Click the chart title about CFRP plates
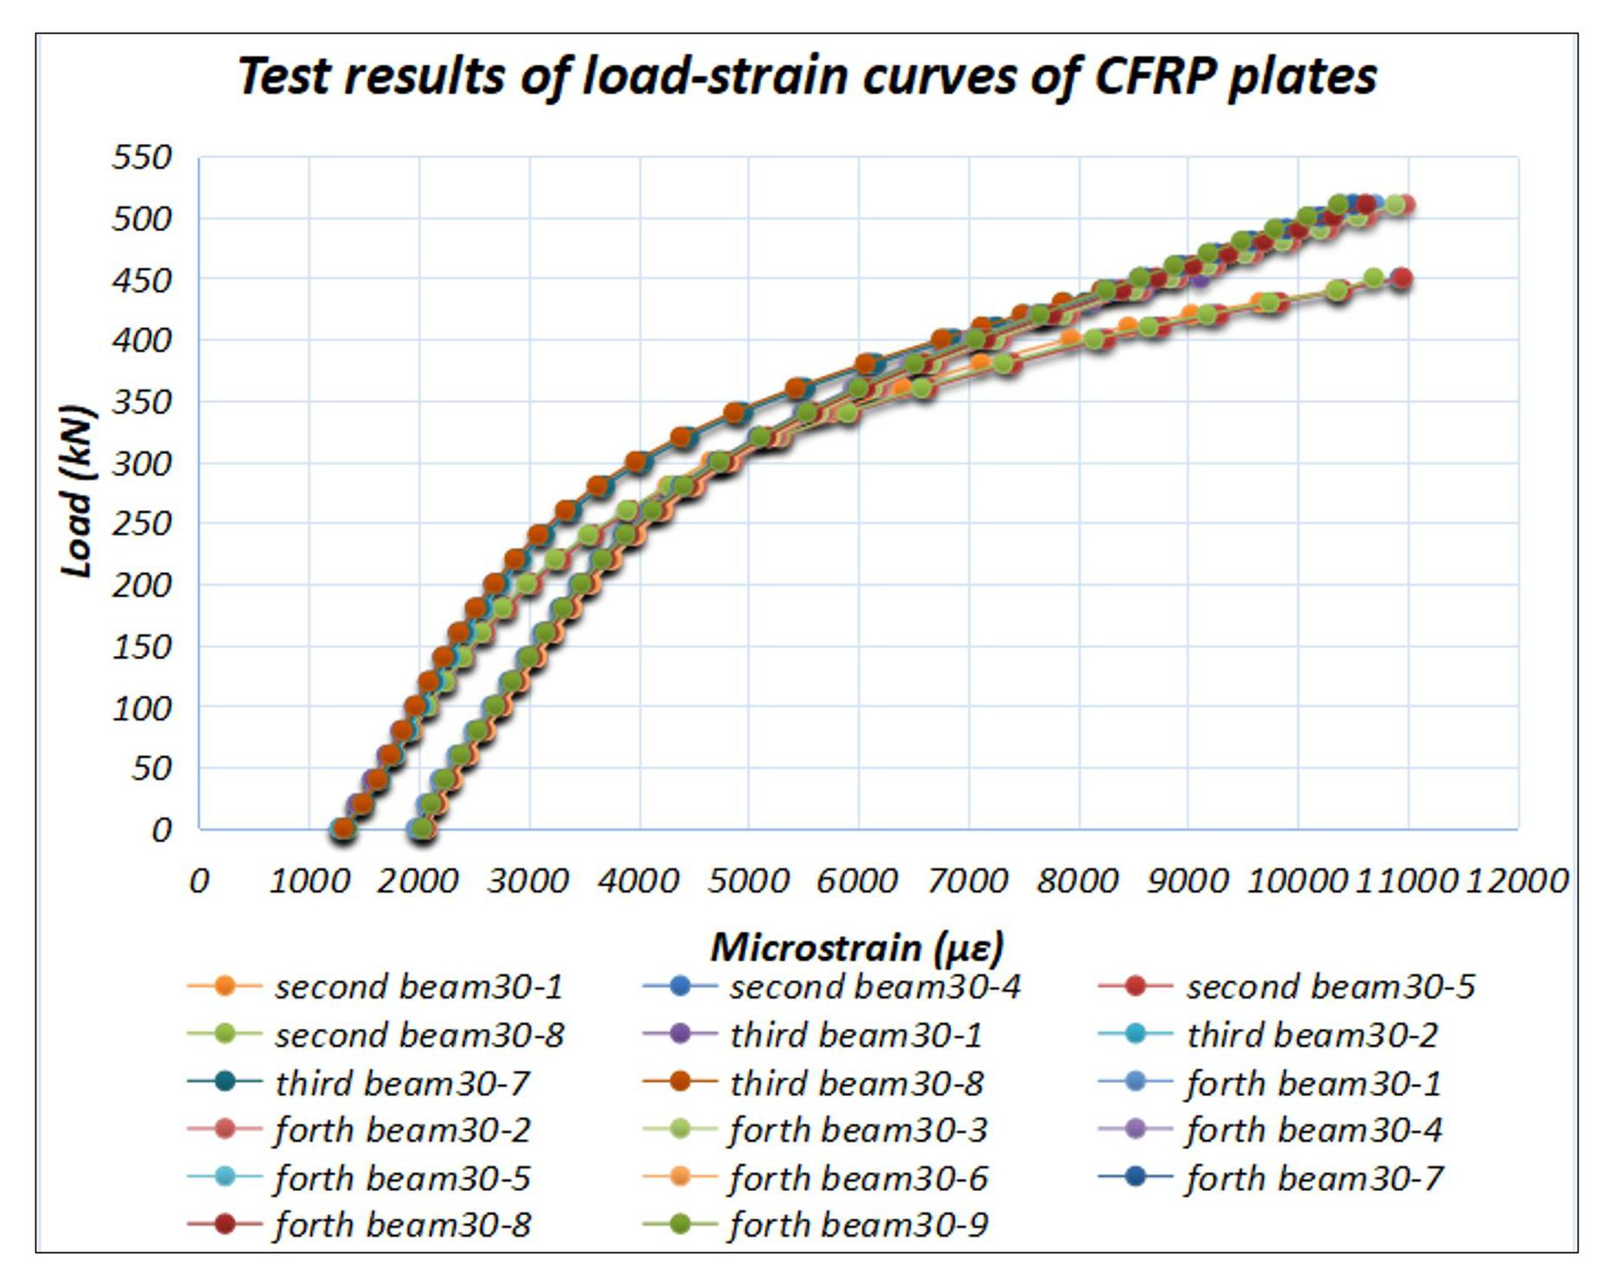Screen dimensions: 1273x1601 click(x=806, y=76)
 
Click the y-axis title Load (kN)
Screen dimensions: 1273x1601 click(x=78, y=490)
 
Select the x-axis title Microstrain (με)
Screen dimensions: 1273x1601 click(x=857, y=947)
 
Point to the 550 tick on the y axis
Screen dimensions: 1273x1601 click(x=142, y=158)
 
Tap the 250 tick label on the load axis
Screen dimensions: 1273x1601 click(x=142, y=524)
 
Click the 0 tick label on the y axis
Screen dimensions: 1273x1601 click(x=161, y=830)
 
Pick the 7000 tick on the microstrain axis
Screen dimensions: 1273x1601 click(x=968, y=881)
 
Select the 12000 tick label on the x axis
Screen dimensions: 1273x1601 click(x=1517, y=881)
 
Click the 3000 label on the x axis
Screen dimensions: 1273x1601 click(x=528, y=881)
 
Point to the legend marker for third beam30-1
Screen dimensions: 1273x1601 click(x=680, y=1034)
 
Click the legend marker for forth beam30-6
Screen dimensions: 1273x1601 click(x=680, y=1177)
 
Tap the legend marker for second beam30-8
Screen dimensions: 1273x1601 click(x=224, y=1034)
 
